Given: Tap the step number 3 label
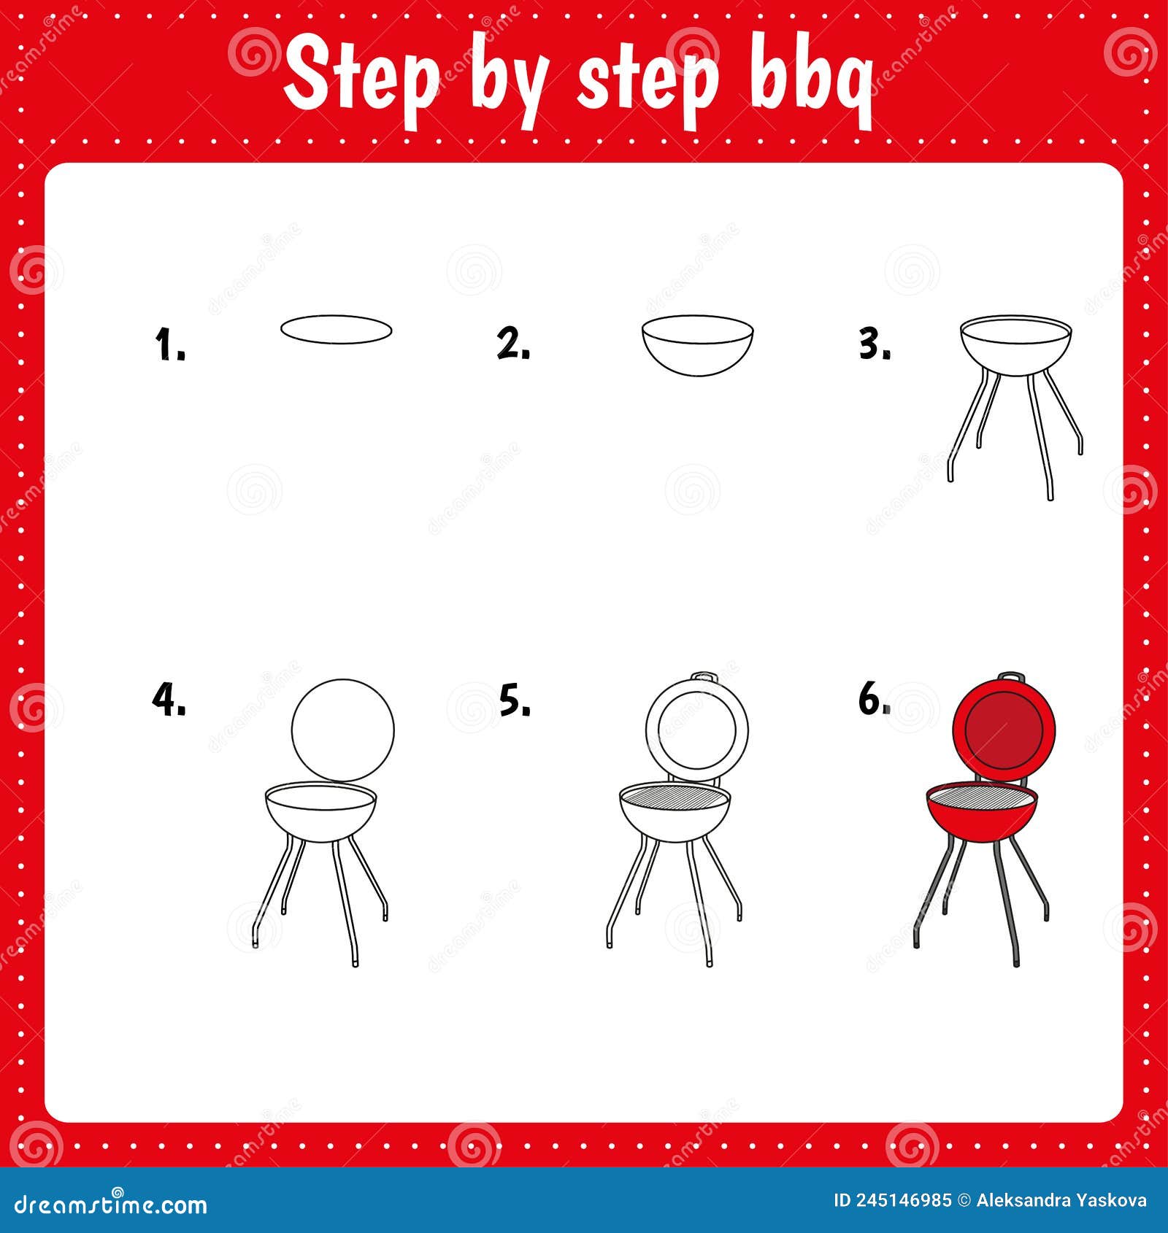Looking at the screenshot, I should (x=874, y=344).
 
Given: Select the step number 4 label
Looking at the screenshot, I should (x=167, y=700).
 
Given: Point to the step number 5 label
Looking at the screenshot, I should (x=515, y=700).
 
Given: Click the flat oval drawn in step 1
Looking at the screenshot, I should (x=337, y=330).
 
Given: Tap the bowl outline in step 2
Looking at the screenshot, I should (x=698, y=350).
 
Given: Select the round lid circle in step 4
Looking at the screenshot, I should (x=342, y=730).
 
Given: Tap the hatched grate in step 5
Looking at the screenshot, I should (x=675, y=795).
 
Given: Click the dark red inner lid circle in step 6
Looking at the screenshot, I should (x=1004, y=729).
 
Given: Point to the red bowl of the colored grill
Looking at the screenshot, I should (x=980, y=820).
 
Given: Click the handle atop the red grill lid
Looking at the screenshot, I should (x=1011, y=677).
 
